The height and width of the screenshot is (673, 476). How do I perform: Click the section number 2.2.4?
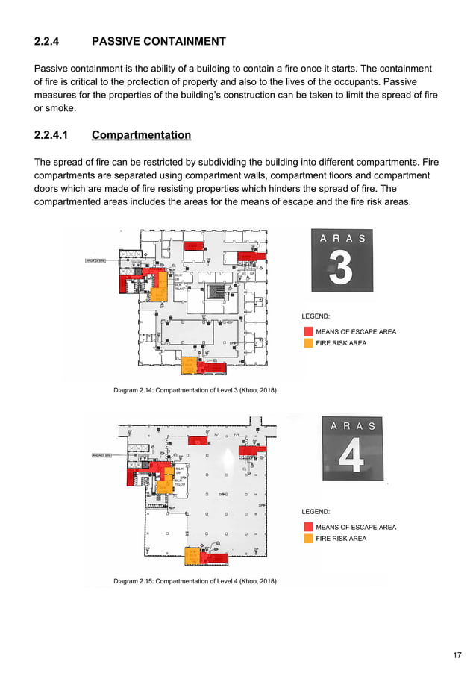coord(50,41)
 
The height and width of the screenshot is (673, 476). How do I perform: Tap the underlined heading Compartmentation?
coord(141,135)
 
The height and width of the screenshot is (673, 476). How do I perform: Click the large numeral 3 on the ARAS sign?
coord(341,269)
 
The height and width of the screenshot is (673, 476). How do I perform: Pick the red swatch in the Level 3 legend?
coord(308,331)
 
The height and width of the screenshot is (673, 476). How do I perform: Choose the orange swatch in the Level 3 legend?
coord(308,343)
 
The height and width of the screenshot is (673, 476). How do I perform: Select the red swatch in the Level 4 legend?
coord(308,527)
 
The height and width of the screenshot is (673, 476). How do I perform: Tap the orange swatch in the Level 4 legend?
coord(308,538)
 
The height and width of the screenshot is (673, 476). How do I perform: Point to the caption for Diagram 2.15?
coord(195,580)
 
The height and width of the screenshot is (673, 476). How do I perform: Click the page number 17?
coord(457,655)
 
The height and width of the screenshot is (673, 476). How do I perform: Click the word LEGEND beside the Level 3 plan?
coord(316,316)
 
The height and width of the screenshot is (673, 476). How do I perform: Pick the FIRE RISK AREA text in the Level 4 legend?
coord(341,538)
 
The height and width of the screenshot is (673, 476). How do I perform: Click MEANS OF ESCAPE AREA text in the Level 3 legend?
coord(356,331)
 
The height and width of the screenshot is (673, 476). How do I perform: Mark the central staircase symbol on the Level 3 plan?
coord(217,289)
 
